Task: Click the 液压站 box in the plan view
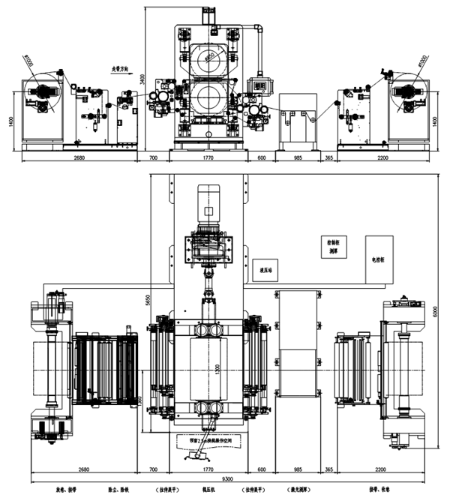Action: tap(264, 271)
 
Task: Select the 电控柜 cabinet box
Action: tap(378, 259)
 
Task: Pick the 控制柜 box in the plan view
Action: tap(331, 247)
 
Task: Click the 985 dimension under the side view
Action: tap(298, 158)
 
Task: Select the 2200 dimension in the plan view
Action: tap(381, 469)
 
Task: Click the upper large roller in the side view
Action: tap(207, 61)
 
